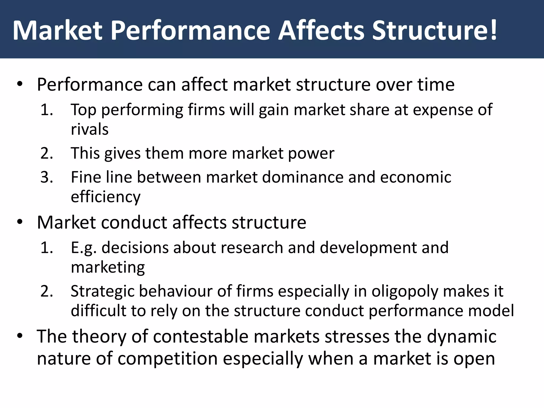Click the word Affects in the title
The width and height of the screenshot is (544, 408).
point(321,31)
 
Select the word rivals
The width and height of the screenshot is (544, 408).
point(90,129)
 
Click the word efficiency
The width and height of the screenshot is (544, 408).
point(105,197)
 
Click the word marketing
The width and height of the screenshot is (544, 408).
point(108,267)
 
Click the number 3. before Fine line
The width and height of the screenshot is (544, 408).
point(46,177)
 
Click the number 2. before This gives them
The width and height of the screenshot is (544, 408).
point(46,153)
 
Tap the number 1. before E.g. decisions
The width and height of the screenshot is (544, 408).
point(46,248)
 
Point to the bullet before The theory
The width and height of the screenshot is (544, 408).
point(20,336)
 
